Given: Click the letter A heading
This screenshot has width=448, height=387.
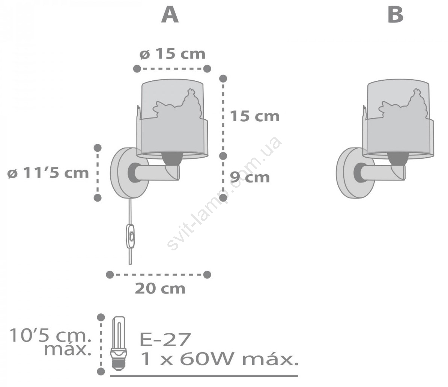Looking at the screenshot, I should (170, 15).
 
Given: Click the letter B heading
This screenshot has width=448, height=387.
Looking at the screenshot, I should (395, 15).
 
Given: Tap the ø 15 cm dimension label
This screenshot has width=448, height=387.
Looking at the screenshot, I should (173, 54).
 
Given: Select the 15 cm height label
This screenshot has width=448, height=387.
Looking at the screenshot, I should (255, 116).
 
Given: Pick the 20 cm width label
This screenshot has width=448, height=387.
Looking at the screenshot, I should (160, 288).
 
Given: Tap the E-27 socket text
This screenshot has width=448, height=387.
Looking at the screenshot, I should (165, 340).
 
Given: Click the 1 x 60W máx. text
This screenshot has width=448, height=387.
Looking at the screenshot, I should (219, 360).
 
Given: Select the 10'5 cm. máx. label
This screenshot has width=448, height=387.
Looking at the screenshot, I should (50, 342).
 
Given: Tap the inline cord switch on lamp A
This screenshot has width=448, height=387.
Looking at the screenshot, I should (130, 236).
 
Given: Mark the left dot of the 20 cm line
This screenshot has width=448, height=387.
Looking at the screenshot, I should (110, 274).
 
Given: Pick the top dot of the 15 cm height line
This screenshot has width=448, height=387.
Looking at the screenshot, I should (223, 79).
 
